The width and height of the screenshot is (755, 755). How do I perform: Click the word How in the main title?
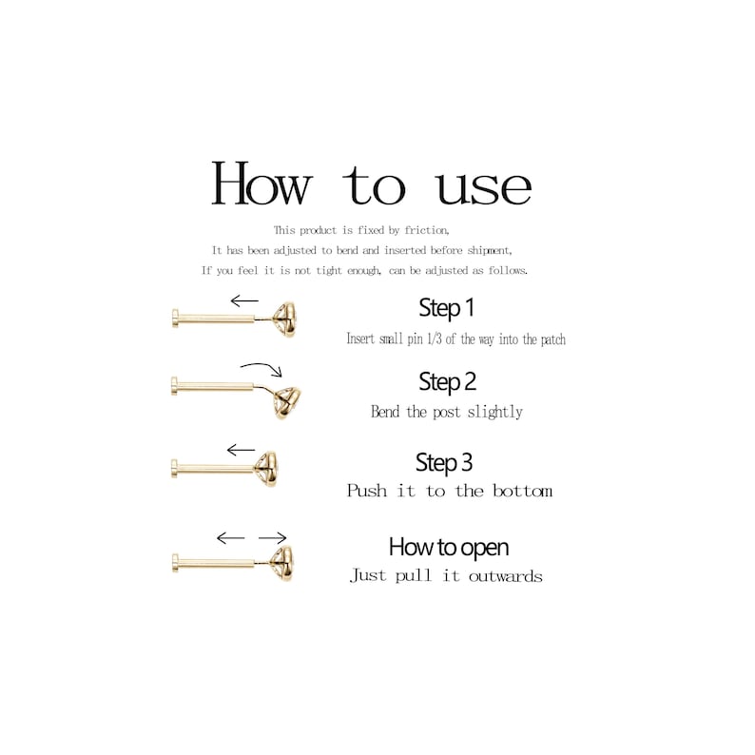pyautogui.click(x=261, y=184)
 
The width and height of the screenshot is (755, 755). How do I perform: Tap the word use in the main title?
pyautogui.click(x=484, y=186)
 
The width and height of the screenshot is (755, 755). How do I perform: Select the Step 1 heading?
pyautogui.click(x=446, y=308)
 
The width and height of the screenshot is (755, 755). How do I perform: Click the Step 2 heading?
pyautogui.click(x=447, y=382)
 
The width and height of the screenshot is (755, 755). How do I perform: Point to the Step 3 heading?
pyautogui.click(x=443, y=463)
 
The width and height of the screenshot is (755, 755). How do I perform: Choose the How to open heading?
pyautogui.click(x=448, y=547)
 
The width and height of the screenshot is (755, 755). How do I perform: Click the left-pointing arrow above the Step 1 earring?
pyautogui.click(x=243, y=301)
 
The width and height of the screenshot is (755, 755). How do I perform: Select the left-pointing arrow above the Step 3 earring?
pyautogui.click(x=241, y=450)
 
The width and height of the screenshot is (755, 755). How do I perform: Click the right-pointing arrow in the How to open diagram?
pyautogui.click(x=272, y=538)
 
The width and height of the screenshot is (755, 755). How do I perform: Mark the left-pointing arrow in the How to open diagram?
pyautogui.click(x=230, y=538)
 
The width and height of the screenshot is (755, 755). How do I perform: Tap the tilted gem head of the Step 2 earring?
pyautogui.click(x=287, y=397)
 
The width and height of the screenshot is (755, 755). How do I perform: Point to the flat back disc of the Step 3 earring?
pyautogui.click(x=176, y=468)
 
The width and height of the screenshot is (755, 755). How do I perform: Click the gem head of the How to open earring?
pyautogui.click(x=281, y=561)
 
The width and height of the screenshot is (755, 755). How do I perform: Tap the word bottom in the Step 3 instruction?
pyautogui.click(x=522, y=492)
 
